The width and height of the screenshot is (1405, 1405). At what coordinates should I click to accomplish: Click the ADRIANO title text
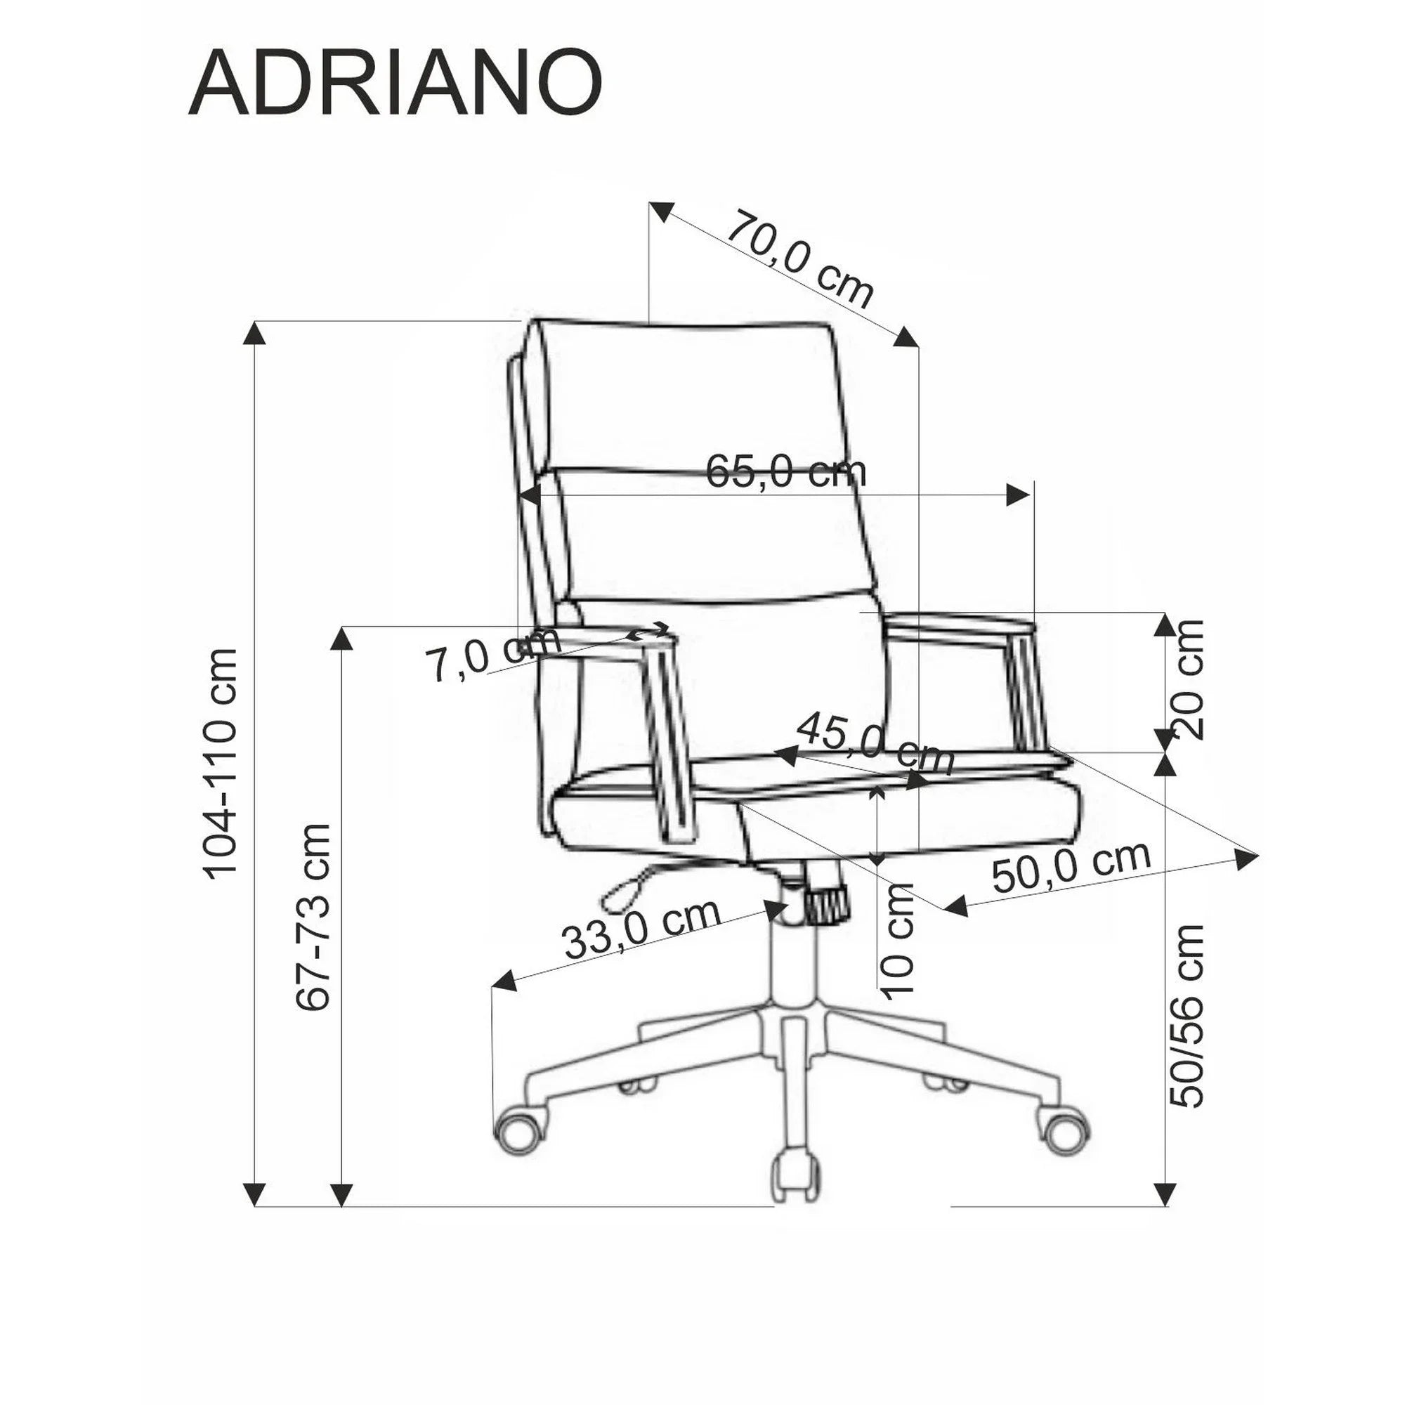click(x=395, y=84)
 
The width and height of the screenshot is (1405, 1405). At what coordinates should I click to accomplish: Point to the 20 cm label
click(x=1186, y=679)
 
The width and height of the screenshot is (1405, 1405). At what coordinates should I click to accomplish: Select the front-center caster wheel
click(x=797, y=1193)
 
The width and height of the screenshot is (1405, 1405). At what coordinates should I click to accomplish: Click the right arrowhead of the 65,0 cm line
click(x=1017, y=496)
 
